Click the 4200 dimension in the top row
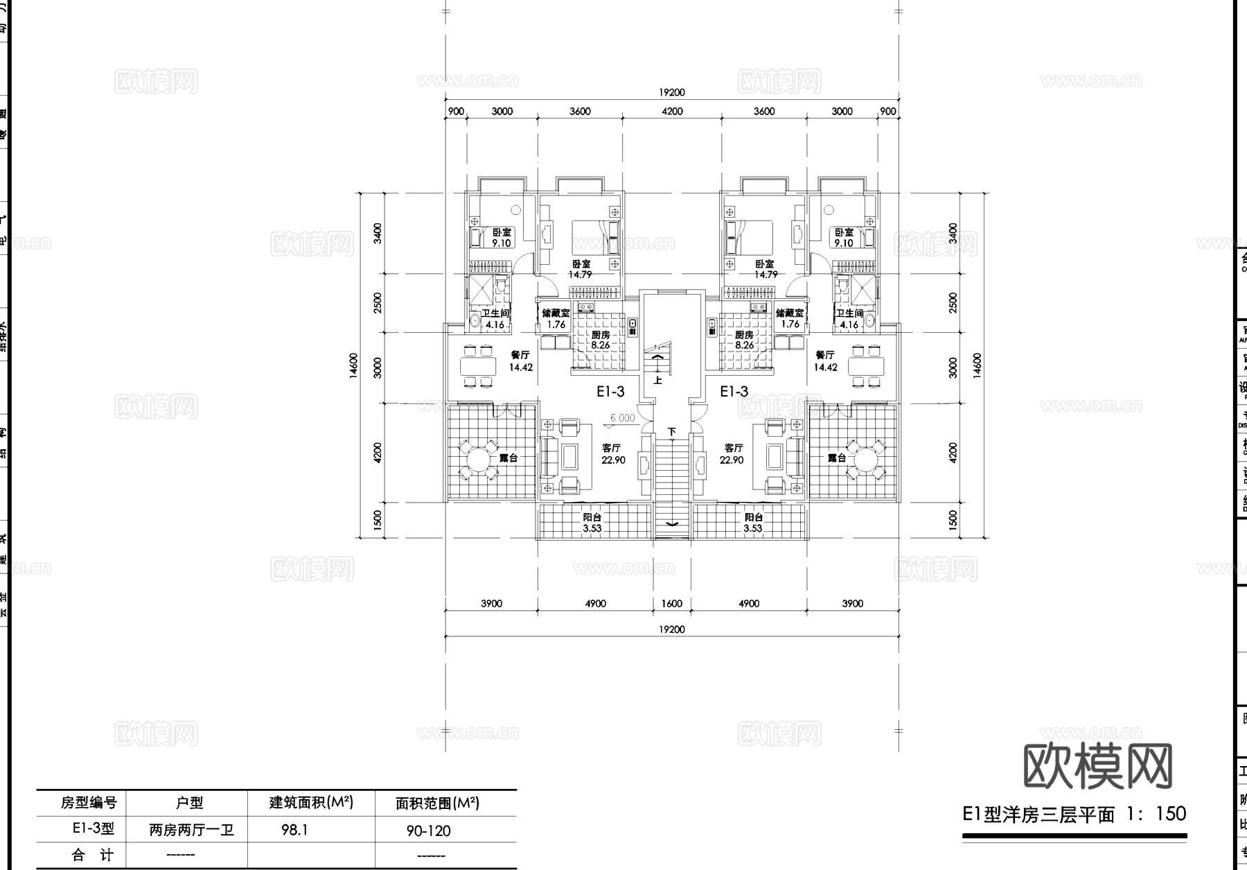tap(671, 111)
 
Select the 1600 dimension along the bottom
tap(671, 603)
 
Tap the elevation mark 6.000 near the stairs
tap(622, 418)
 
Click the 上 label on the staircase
tap(658, 380)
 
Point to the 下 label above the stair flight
tap(671, 432)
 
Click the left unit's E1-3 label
tap(610, 392)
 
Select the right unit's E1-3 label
tap(734, 392)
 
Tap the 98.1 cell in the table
tap(294, 830)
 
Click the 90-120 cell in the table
tap(428, 830)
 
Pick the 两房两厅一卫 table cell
tap(191, 830)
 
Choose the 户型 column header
tap(189, 803)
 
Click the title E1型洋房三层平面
tap(1038, 814)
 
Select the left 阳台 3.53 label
tap(592, 523)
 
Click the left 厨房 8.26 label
tap(600, 340)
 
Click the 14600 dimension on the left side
tap(354, 365)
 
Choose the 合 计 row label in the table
tap(91, 855)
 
